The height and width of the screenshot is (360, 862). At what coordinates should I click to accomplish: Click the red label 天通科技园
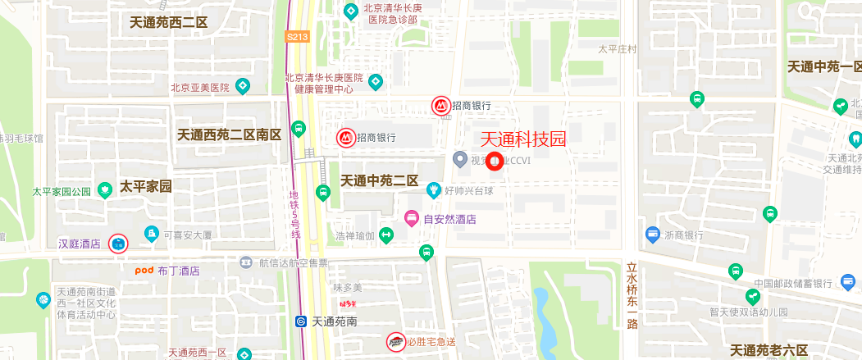click(522, 139)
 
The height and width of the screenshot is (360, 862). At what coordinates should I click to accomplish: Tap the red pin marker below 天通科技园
click(495, 162)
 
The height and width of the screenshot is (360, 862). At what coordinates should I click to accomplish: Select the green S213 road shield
click(297, 37)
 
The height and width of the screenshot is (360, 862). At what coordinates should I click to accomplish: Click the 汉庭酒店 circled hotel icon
click(119, 243)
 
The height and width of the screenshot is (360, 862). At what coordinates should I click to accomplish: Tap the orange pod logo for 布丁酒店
click(144, 270)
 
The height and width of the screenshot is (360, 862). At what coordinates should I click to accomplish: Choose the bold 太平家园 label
click(146, 186)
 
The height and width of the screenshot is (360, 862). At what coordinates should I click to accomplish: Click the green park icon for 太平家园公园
click(105, 190)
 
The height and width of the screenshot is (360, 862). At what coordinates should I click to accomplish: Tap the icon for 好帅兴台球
click(433, 190)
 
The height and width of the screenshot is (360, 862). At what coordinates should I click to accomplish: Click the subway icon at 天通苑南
click(302, 321)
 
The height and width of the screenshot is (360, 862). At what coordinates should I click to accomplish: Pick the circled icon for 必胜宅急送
click(395, 341)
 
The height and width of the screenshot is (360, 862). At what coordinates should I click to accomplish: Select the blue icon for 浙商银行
click(653, 235)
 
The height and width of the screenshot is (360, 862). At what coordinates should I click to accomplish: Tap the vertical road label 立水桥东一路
click(632, 294)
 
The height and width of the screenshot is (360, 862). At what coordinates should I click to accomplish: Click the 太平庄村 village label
click(618, 49)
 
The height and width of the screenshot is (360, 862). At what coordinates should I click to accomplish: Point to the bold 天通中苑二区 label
click(380, 180)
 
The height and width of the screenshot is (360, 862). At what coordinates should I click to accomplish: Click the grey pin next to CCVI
click(460, 159)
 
